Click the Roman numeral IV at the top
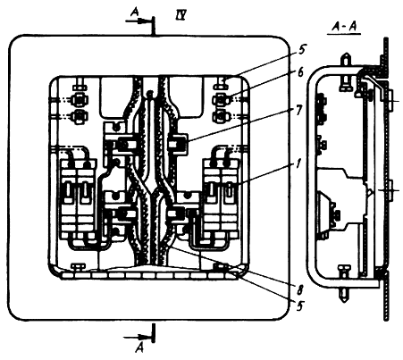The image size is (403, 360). click(x=181, y=14)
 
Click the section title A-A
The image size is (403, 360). click(x=344, y=28)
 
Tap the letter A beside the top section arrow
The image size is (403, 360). click(x=135, y=12)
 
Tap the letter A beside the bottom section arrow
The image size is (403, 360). click(x=139, y=347)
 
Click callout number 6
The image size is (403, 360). click(x=300, y=72)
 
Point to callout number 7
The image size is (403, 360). click(x=299, y=111)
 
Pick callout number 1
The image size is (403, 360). click(x=298, y=163)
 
